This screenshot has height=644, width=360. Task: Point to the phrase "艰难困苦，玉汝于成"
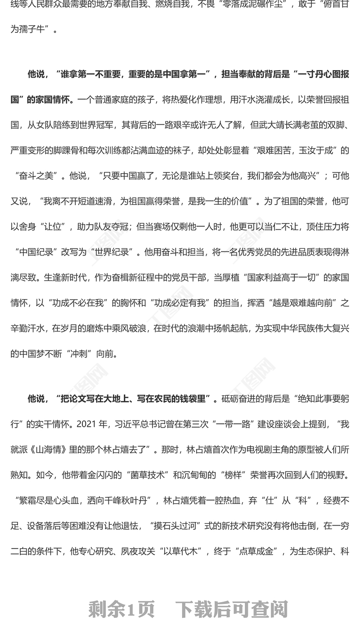(294, 150)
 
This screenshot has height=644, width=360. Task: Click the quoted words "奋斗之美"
(38, 175)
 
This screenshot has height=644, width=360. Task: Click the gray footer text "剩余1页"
(121, 609)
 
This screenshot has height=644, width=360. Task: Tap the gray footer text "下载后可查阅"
(231, 609)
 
